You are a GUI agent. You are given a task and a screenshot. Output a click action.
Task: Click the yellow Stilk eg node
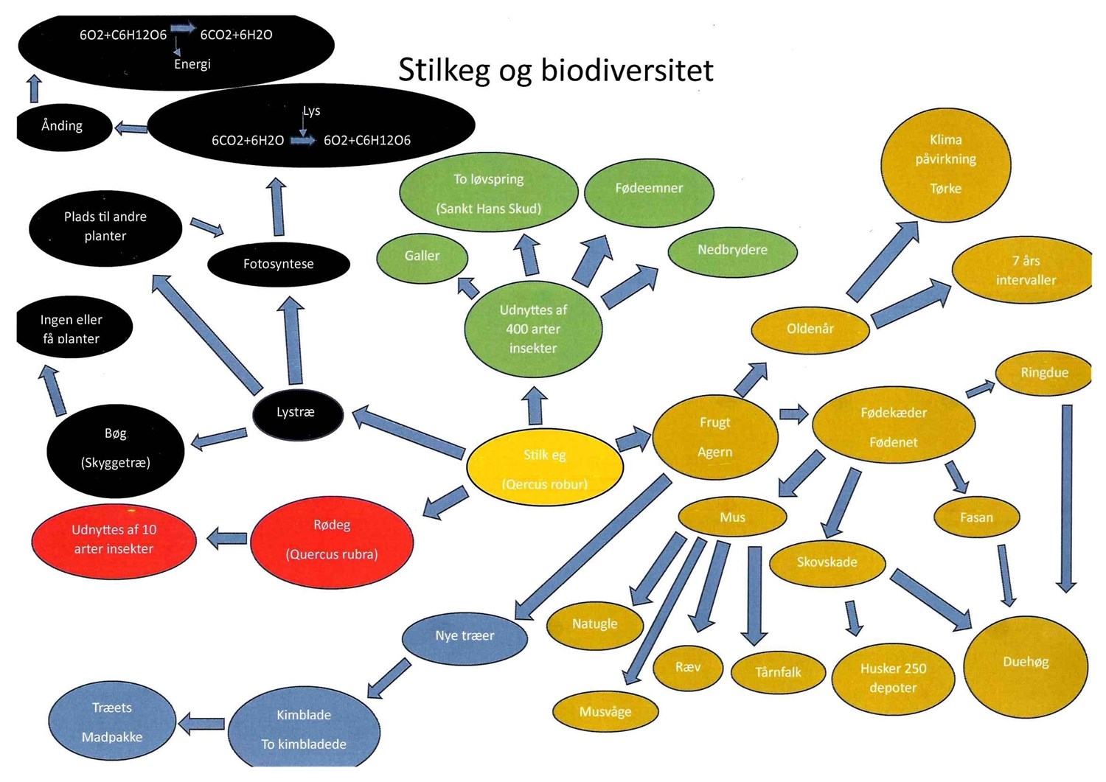[545, 467]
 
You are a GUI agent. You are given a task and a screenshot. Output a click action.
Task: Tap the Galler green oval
[422, 256]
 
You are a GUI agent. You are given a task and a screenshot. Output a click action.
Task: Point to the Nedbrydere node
[732, 251]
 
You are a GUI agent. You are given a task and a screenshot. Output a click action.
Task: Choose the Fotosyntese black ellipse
[279, 264]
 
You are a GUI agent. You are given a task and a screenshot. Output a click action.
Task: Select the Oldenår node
[810, 329]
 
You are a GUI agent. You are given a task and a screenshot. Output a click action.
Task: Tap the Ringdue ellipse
[1043, 373]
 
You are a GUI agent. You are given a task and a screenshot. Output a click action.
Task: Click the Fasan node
[976, 517]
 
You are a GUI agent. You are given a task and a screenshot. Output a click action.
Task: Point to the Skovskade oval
[827, 562]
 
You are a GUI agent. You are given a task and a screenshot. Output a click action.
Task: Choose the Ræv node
[687, 668]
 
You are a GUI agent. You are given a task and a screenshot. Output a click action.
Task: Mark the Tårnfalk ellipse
[778, 672]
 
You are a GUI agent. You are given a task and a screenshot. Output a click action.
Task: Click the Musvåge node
[605, 712]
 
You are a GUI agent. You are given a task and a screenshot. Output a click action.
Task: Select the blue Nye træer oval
[465, 636]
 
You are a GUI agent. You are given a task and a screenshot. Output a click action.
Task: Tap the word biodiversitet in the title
[627, 71]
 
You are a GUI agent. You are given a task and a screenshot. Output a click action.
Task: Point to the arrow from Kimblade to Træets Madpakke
[202, 724]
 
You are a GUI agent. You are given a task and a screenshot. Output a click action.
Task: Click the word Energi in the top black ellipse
[192, 65]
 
